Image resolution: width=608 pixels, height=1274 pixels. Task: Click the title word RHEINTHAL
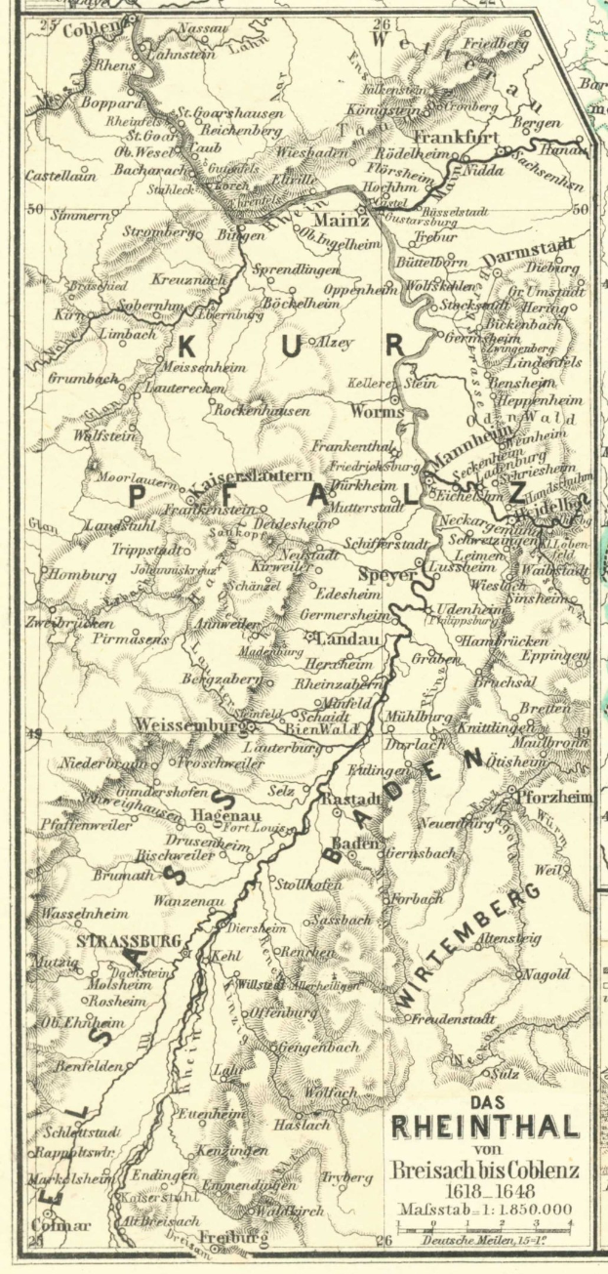[485, 1127]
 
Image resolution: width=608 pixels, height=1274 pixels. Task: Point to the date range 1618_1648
[485, 1191]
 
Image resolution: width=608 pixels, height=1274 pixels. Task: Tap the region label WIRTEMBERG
[469, 947]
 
